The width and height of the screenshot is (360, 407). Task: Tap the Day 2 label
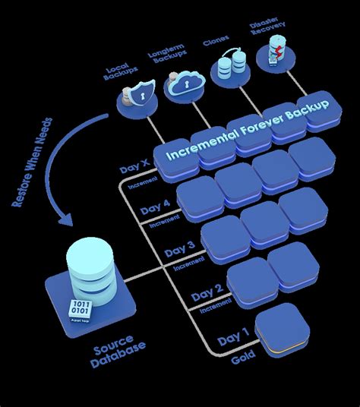(207, 291)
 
